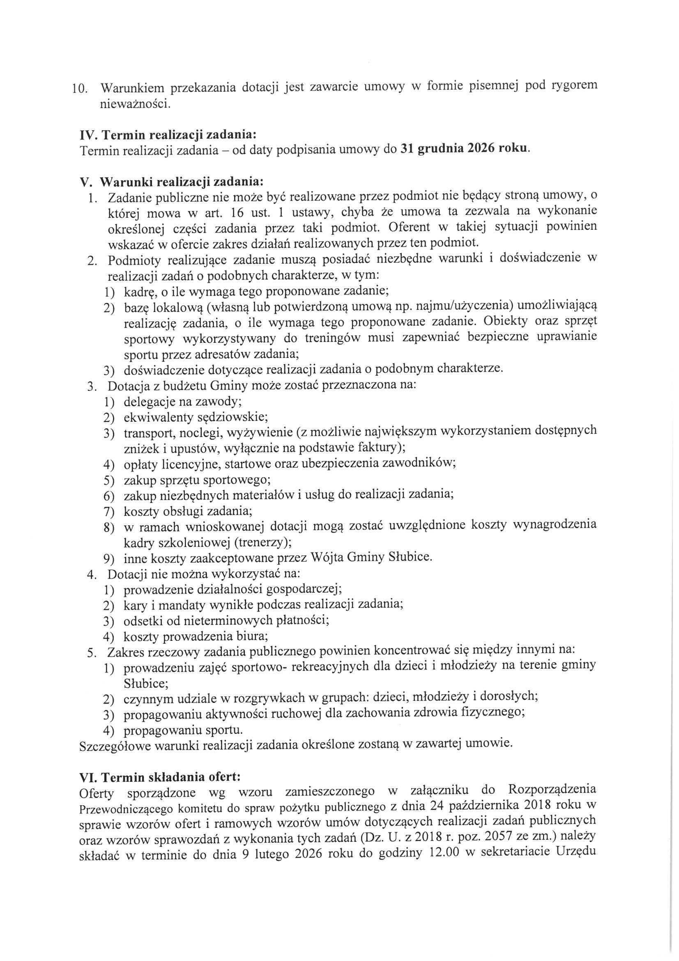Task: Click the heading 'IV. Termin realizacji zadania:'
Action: tap(168, 135)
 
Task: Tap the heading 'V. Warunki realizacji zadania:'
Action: tap(172, 182)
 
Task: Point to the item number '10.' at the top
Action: tap(80, 89)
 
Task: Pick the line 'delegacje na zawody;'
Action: tap(183, 402)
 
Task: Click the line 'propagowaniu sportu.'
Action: tap(183, 730)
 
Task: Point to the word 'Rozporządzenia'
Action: tap(552, 790)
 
